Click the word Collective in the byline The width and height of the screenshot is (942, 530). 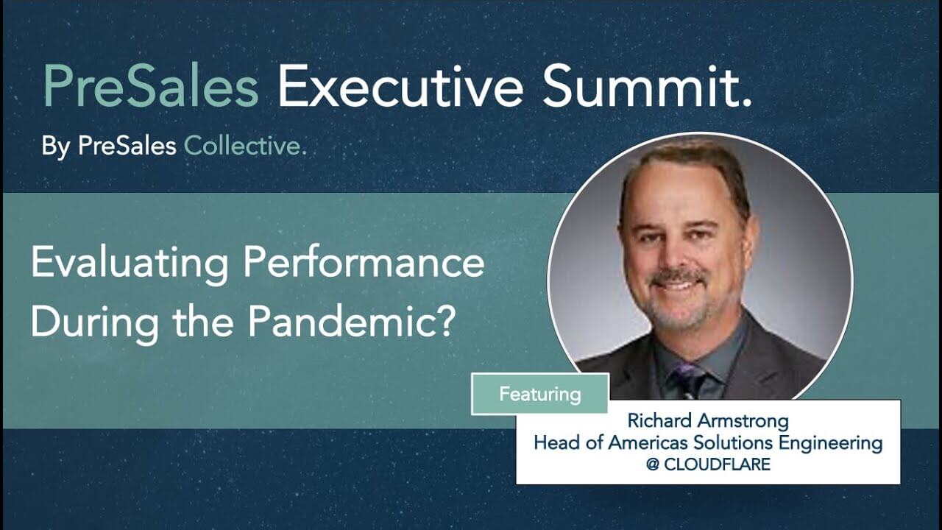244,146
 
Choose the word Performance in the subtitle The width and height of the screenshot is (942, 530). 364,264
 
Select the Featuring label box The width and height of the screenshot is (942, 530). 539,394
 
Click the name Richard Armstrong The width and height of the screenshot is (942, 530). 707,422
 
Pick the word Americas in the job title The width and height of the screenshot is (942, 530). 658,443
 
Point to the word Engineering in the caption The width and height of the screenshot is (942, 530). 834,444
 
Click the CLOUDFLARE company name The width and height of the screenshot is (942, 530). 717,464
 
